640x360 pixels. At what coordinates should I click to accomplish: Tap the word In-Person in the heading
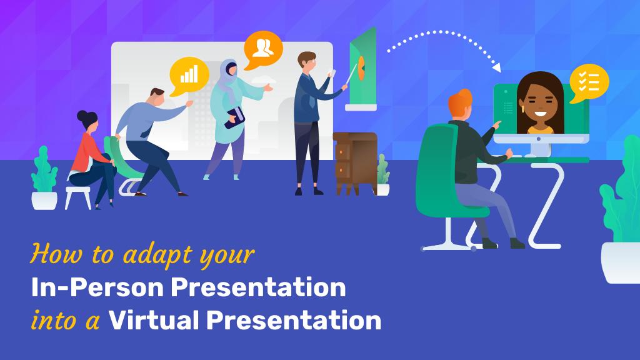tap(97, 287)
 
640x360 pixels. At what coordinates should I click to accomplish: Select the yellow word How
tap(56, 254)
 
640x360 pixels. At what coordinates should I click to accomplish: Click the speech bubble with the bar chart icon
tap(189, 76)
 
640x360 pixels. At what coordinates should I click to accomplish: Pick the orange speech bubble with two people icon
tap(263, 50)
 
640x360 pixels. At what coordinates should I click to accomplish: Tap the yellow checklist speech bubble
tap(589, 83)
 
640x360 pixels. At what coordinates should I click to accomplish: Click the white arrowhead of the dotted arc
tap(496, 67)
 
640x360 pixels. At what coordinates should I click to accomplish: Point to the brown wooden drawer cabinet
tap(355, 163)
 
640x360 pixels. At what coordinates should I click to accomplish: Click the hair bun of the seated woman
tap(82, 115)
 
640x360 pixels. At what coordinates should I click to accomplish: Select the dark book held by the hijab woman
tap(234, 118)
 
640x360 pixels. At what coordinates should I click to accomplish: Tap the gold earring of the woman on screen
tap(522, 109)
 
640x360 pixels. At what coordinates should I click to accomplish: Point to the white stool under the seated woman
tap(78, 197)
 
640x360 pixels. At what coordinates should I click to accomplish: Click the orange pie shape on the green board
tap(361, 68)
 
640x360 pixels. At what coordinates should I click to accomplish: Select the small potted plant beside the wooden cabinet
tap(383, 175)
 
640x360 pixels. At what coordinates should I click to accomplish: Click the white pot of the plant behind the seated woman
tap(44, 201)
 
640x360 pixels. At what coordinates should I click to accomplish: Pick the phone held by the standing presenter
tap(332, 74)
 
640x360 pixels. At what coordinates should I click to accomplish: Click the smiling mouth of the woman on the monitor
tap(540, 114)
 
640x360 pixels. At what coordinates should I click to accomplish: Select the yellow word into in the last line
tap(54, 321)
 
